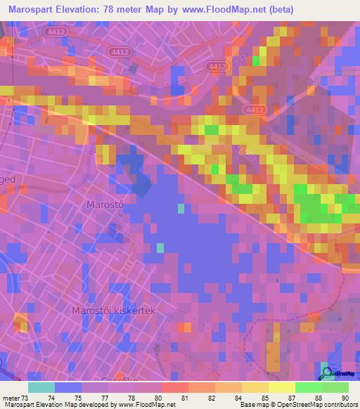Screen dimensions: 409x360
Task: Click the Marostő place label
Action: coord(105,204)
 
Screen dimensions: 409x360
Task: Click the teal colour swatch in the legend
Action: coord(41,387)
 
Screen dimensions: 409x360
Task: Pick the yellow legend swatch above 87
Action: coord(281,387)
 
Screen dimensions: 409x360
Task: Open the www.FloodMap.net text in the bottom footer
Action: coord(147,405)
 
